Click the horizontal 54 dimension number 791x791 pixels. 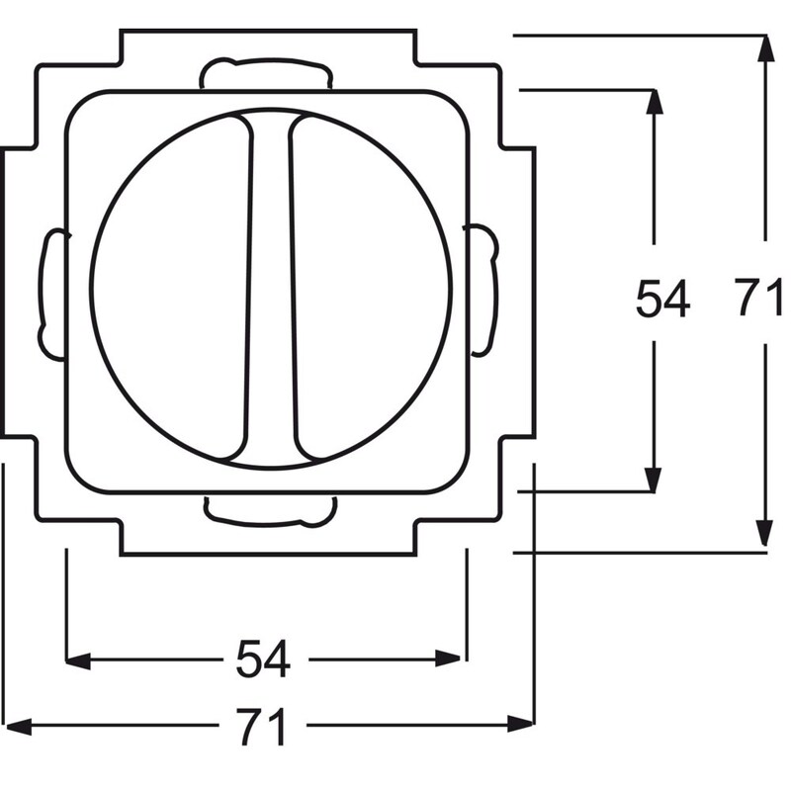point(263,659)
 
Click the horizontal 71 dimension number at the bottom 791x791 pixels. point(262,727)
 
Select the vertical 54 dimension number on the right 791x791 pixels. point(662,299)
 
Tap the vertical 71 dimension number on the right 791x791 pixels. point(758,298)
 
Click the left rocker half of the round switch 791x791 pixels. point(171,288)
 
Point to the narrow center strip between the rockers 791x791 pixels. point(271,288)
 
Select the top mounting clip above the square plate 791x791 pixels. point(266,73)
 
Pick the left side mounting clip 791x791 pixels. point(52,295)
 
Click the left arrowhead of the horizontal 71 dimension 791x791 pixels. point(18,727)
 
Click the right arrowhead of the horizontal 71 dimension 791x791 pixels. point(521,724)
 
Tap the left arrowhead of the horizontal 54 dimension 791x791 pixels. point(78,660)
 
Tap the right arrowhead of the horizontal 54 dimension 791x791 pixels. point(448,659)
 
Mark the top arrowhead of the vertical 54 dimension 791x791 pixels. point(655,103)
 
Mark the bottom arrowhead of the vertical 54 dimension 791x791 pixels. point(654,480)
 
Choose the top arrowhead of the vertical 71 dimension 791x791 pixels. point(766,48)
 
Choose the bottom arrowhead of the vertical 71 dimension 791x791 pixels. point(764,534)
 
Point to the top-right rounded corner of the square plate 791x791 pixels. point(458,103)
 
